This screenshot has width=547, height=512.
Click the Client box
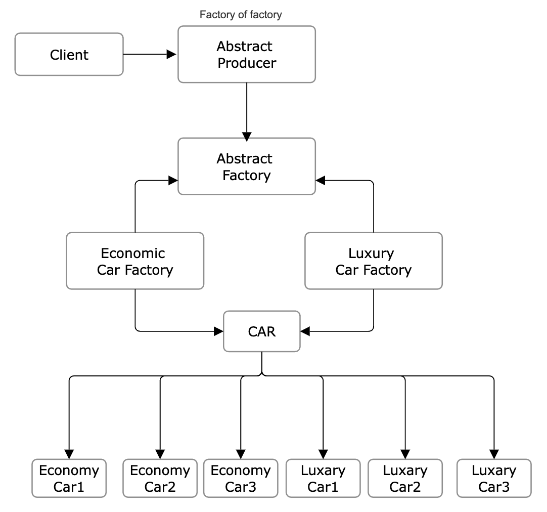(x=69, y=55)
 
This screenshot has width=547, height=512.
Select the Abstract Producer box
(x=246, y=55)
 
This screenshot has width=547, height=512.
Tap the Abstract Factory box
(x=246, y=166)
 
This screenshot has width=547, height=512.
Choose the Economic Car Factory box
(x=135, y=261)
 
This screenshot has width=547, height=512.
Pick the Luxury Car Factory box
(x=373, y=261)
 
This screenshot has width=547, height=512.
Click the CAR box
(x=261, y=331)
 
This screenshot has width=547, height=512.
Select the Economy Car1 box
(x=69, y=478)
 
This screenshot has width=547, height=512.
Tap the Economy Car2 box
(x=160, y=478)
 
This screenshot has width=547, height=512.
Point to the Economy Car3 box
(x=240, y=478)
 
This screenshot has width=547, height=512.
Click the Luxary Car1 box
(x=323, y=478)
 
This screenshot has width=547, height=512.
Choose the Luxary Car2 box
(x=405, y=478)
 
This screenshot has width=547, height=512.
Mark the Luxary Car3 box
(x=493, y=478)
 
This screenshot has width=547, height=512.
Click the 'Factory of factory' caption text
(x=241, y=15)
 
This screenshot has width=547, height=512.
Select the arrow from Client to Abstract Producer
(x=149, y=54)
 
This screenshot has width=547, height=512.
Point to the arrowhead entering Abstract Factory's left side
(x=173, y=180)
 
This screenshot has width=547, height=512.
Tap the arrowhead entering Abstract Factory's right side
(x=321, y=180)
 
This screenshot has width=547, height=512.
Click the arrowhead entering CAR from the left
(x=218, y=331)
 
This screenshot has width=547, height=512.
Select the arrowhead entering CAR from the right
(x=305, y=331)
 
